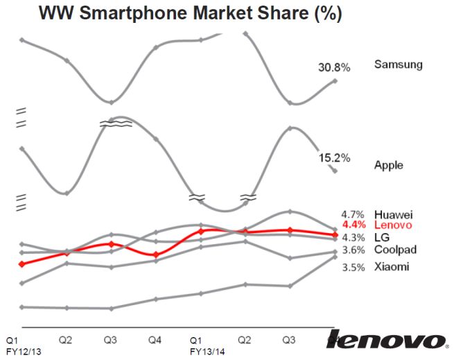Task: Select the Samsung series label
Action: pos(398,65)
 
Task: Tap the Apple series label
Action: pos(388,165)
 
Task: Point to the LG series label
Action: pos(381,237)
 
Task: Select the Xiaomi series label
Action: pos(392,266)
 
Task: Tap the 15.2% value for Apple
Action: pos(333,157)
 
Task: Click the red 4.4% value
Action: pos(353,225)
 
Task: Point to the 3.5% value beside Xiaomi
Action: pos(353,266)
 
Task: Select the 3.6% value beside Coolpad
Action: pos(353,250)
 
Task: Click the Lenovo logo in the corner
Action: pos(385,339)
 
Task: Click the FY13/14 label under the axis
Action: pos(207,351)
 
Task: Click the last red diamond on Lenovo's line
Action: pos(335,234)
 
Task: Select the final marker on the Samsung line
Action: pos(335,81)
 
